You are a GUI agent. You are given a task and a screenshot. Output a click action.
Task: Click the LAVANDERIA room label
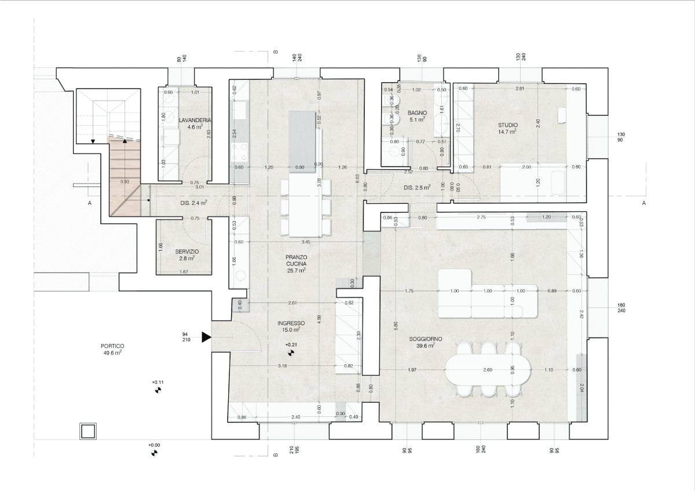(195, 120)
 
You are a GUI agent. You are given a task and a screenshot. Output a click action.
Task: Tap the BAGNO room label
(417, 112)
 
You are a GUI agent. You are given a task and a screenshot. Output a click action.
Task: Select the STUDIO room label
(507, 124)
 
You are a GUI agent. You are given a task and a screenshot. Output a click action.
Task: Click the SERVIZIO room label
(186, 252)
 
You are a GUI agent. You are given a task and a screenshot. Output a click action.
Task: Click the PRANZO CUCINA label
(295, 260)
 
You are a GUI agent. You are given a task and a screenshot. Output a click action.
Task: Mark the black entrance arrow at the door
(206, 336)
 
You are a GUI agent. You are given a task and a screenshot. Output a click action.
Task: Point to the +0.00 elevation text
(153, 445)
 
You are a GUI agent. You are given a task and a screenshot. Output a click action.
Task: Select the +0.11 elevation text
(158, 382)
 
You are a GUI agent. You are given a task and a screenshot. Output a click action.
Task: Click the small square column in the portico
(87, 431)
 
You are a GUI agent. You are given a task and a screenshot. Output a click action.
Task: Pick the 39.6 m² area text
(426, 346)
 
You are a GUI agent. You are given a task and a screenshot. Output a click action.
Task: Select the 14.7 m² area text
(507, 132)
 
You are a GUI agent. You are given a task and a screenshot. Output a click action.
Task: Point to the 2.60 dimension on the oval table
(488, 369)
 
